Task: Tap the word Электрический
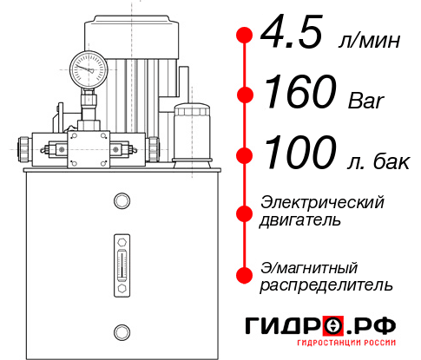322,202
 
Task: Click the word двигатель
299,220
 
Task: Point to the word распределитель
326,285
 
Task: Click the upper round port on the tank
121,201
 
